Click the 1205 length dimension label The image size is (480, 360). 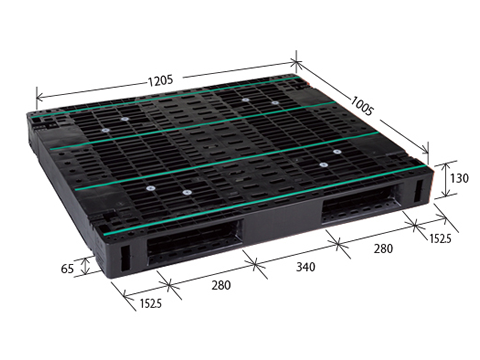click(x=160, y=80)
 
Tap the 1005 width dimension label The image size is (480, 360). click(x=362, y=105)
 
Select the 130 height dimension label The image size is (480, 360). click(x=459, y=178)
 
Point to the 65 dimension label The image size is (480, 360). click(x=67, y=268)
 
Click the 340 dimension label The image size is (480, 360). click(x=306, y=267)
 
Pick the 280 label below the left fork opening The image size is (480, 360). click(x=221, y=285)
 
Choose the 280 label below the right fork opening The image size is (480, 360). click(x=383, y=248)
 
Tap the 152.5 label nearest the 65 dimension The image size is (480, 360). click(x=151, y=303)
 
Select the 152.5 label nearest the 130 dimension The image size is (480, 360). click(x=440, y=238)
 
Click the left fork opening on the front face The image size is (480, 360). click(x=193, y=242)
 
